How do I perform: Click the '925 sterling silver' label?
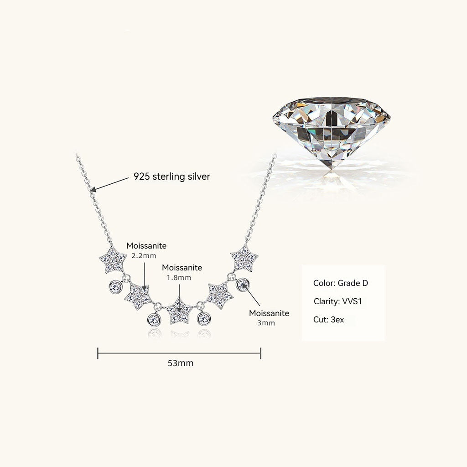[172, 176]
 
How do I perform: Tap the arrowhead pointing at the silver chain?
[93, 189]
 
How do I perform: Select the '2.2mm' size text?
[144, 256]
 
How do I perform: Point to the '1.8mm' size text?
[179, 278]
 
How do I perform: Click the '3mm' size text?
[266, 323]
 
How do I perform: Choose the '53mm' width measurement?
[181, 363]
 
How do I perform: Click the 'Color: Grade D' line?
[340, 283]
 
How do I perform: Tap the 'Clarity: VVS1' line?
[338, 301]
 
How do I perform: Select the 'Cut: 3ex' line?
[328, 320]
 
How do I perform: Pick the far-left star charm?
[113, 260]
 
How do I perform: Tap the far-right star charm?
[244, 258]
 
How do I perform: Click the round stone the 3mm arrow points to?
[243, 285]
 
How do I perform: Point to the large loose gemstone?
[332, 134]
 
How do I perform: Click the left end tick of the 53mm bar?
[98, 353]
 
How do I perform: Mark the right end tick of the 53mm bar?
[260, 353]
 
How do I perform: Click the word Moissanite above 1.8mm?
[182, 268]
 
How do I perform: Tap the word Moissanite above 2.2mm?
[146, 246]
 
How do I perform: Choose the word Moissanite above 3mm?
[269, 313]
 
